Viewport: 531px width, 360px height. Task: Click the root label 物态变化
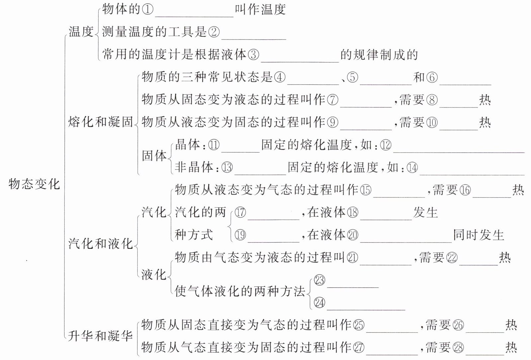pyautogui.click(x=34, y=184)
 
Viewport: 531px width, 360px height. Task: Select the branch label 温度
pyautogui.click(x=81, y=32)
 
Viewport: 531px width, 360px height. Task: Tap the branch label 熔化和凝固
pyautogui.click(x=101, y=122)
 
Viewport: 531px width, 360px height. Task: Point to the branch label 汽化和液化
pyautogui.click(x=101, y=244)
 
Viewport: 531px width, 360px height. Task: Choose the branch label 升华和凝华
pyautogui.click(x=101, y=336)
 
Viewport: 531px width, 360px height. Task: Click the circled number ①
pyautogui.click(x=148, y=10)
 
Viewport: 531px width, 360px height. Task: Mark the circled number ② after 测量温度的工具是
pyautogui.click(x=213, y=32)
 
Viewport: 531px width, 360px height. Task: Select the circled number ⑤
pyautogui.click(x=352, y=77)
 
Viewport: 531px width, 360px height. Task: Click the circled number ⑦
pyautogui.click(x=333, y=100)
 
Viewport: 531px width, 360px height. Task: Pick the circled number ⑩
pyautogui.click(x=432, y=122)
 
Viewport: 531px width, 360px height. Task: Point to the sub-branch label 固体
pyautogui.click(x=154, y=156)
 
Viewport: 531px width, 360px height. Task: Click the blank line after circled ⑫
pyautogui.click(x=458, y=151)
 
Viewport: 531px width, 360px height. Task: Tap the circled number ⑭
pyautogui.click(x=412, y=168)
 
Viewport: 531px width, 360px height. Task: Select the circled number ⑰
pyautogui.click(x=240, y=212)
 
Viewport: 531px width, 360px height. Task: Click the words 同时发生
pyautogui.click(x=479, y=235)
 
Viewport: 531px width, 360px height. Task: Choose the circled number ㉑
pyautogui.click(x=352, y=258)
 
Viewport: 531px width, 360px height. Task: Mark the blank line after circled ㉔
pyautogui.click(x=366, y=309)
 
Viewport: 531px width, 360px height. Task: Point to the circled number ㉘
pyautogui.click(x=458, y=348)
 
